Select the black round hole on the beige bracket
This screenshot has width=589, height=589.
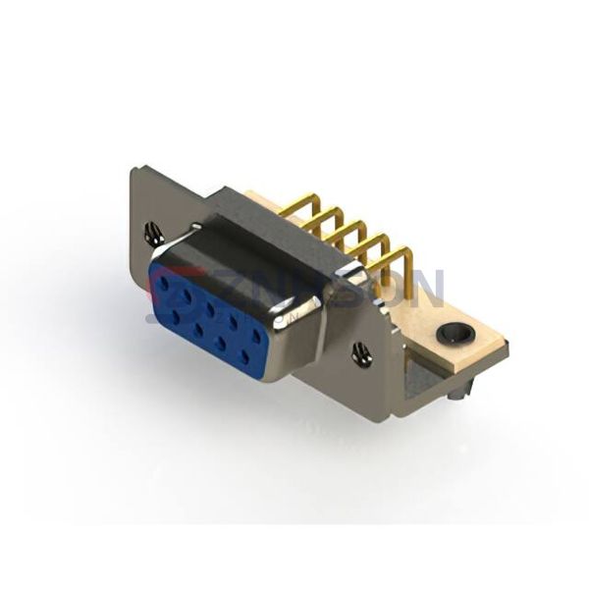454,336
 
